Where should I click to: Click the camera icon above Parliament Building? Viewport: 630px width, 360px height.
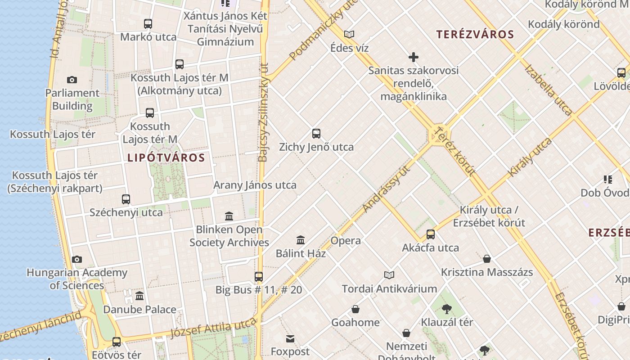(72, 80)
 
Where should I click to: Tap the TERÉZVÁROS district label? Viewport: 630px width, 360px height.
(475, 34)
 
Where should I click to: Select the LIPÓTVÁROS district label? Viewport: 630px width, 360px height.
(166, 158)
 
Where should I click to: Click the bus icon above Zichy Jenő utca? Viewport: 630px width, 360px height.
(316, 134)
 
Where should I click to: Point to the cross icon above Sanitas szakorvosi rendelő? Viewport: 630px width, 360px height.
(413, 57)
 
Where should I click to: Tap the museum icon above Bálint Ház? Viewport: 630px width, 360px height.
(301, 240)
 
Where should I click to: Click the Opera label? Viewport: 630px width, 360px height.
(346, 241)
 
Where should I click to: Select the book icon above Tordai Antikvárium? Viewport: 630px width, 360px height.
(389, 275)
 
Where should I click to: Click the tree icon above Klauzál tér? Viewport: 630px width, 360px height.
(447, 309)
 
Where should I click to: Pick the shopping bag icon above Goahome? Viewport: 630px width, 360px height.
(355, 309)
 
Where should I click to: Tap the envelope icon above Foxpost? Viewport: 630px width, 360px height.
(290, 338)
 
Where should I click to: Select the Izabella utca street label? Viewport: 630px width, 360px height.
(549, 90)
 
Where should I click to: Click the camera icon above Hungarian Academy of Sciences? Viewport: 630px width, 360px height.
(77, 260)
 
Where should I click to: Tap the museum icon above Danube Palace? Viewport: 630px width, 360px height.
(139, 296)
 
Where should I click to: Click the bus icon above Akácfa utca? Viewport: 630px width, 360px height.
(431, 234)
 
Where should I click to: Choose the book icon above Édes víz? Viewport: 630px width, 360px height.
(349, 34)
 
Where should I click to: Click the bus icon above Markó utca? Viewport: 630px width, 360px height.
(148, 24)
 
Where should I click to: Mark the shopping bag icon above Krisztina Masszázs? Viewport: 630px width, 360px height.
(487, 259)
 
